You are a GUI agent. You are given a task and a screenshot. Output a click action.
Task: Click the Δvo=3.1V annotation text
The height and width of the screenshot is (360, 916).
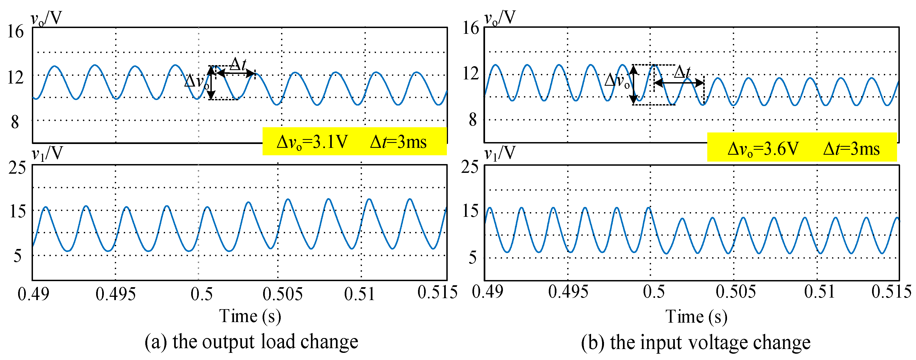click(x=312, y=142)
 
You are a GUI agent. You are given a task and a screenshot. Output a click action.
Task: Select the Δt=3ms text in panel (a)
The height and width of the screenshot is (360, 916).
click(x=398, y=142)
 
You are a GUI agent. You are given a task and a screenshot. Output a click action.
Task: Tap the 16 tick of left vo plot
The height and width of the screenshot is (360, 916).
click(x=15, y=31)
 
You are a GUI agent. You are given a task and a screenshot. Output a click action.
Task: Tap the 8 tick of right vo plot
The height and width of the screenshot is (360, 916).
click(x=472, y=120)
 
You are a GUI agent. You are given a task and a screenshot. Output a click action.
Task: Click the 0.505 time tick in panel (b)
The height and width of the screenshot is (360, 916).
click(x=735, y=292)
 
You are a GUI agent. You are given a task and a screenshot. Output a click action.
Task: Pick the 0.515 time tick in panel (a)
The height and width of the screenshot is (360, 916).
click(x=437, y=292)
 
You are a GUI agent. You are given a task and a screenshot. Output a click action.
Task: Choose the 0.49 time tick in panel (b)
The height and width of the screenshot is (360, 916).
click(x=487, y=292)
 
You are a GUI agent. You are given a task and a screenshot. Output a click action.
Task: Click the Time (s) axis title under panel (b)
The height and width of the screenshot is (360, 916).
click(x=696, y=317)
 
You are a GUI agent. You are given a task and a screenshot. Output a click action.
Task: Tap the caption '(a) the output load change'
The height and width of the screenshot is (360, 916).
click(x=251, y=342)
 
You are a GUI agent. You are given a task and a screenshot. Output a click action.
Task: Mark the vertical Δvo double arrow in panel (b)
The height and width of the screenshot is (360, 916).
click(x=634, y=85)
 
